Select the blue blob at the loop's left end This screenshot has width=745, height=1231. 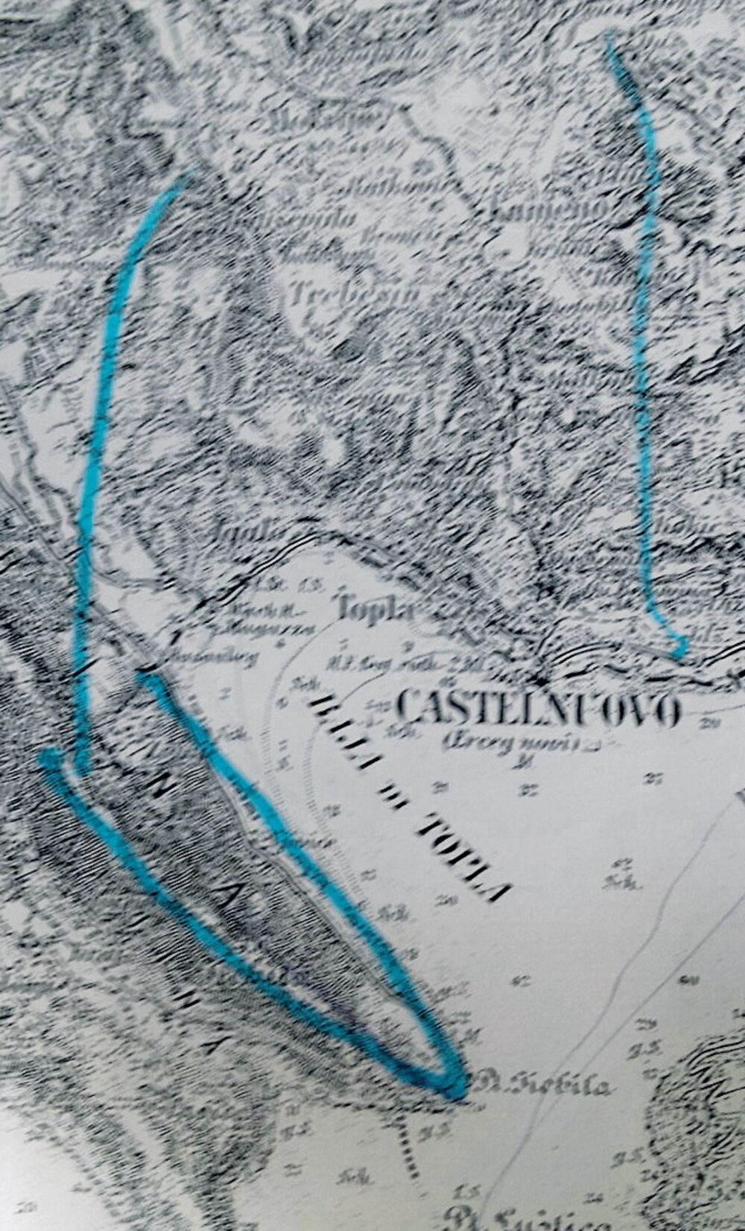pyautogui.click(x=51, y=759)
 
